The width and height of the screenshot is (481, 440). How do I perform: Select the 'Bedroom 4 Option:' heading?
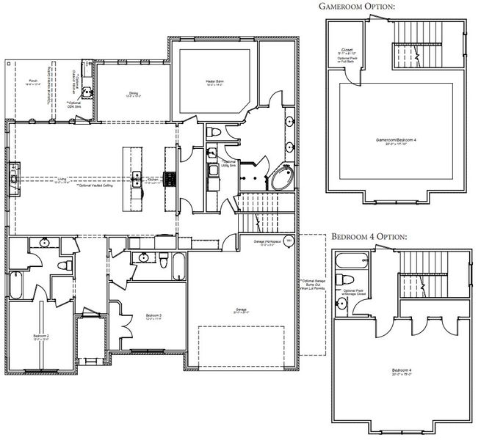[x=369, y=238]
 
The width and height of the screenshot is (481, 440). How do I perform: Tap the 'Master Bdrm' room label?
[x=214, y=82]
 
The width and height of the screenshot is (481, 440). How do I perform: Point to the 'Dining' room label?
[x=134, y=95]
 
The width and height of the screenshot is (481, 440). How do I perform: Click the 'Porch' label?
[x=33, y=82]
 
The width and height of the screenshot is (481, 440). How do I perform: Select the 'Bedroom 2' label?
[x=41, y=337]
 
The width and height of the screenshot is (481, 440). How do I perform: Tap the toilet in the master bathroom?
[x=214, y=131]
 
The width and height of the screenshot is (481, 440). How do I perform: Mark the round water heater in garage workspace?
[x=289, y=241]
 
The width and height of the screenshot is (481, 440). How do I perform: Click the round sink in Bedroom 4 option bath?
[x=343, y=302]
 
